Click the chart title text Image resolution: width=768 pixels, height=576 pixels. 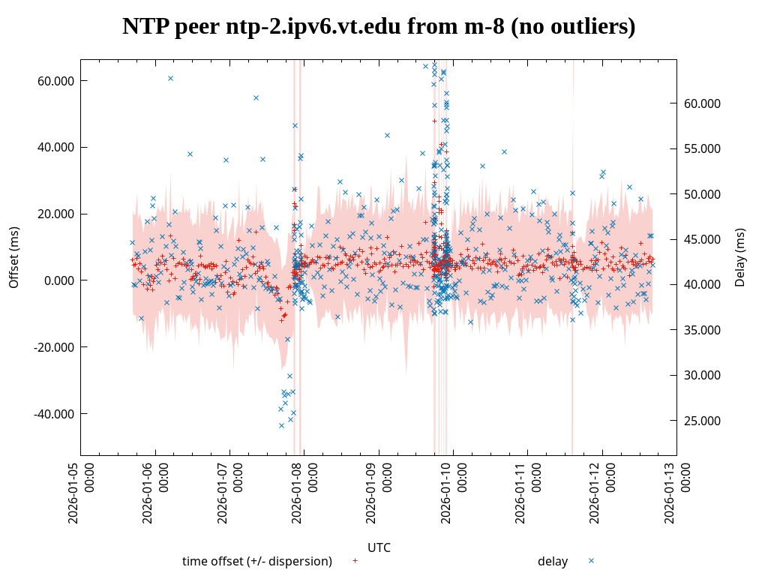[379, 27]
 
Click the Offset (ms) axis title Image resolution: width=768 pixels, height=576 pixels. [14, 257]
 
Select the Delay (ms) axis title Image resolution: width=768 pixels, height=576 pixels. [740, 257]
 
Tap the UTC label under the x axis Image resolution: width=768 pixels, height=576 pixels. [379, 547]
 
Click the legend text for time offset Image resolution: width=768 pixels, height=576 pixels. [256, 561]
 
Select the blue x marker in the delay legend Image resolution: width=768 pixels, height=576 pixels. [591, 560]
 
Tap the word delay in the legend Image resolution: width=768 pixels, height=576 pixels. [553, 561]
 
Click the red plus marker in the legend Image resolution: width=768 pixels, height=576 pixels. [355, 560]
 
